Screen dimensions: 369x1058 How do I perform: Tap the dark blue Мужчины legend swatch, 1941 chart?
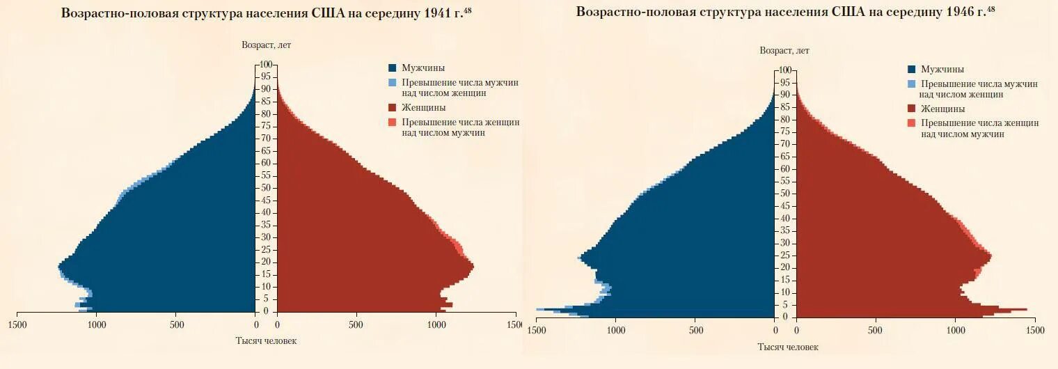[x=393, y=68]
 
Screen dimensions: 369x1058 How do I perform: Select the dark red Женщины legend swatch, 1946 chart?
[x=912, y=109]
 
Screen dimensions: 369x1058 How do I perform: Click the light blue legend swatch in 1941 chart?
[x=393, y=82]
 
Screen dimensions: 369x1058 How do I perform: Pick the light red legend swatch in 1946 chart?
[x=912, y=123]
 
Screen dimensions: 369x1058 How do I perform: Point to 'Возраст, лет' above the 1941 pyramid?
[x=266, y=45]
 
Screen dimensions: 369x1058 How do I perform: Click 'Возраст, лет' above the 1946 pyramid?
[x=784, y=51]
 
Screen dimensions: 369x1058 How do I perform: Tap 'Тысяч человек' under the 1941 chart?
[x=266, y=340]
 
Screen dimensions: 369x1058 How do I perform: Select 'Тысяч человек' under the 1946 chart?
[x=788, y=347]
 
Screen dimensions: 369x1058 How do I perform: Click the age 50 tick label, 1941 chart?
[x=266, y=188]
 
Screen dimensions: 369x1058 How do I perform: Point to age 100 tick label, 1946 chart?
[x=784, y=70]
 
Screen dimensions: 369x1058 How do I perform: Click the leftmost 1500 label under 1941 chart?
[x=17, y=324]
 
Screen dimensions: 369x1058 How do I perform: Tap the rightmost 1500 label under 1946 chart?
[x=1034, y=330]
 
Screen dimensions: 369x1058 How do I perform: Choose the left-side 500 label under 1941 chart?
[x=177, y=324]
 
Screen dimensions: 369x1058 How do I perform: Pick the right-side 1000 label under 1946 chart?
[x=955, y=330]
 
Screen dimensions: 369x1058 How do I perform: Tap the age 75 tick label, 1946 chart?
[x=785, y=132]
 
